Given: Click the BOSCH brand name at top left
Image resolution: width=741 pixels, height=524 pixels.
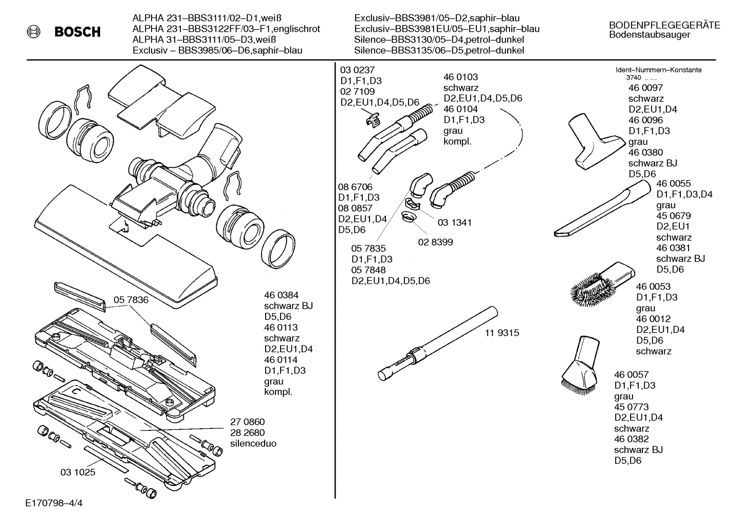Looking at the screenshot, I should [x=78, y=32].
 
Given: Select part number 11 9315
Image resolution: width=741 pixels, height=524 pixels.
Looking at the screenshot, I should [x=502, y=333].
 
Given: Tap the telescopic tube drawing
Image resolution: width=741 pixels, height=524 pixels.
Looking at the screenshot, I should [x=437, y=342].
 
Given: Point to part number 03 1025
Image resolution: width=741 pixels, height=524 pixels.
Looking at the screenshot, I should [x=78, y=472].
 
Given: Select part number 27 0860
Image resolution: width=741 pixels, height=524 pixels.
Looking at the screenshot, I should [x=247, y=422].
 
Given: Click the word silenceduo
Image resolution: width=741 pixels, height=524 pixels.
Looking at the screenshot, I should [x=253, y=443].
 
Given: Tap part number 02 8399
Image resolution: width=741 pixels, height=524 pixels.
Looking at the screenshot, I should [x=436, y=242].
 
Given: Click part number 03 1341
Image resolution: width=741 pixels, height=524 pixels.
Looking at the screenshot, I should [x=454, y=223].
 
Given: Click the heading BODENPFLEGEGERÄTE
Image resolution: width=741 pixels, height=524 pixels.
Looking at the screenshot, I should [x=664, y=25].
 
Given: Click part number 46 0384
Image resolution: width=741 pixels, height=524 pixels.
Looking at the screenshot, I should [x=281, y=295].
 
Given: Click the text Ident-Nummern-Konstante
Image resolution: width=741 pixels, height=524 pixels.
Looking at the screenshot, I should [x=658, y=70].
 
